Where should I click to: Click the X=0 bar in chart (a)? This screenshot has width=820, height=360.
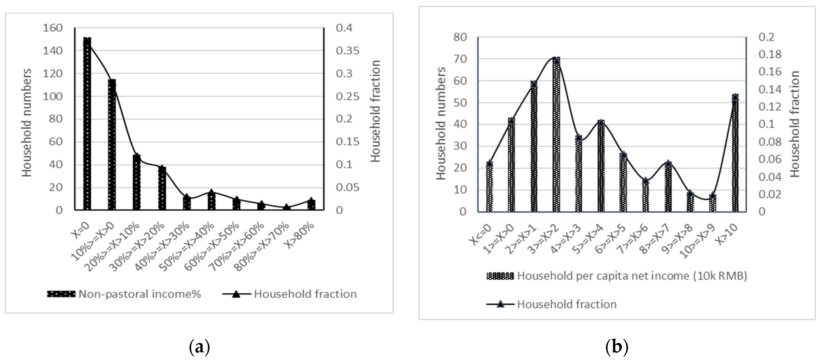87,124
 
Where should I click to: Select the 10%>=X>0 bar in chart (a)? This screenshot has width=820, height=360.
112,145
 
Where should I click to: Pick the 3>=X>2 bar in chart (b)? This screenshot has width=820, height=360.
556,135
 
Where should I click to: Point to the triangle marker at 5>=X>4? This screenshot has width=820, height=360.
601,123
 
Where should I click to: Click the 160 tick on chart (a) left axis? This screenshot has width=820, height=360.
53,28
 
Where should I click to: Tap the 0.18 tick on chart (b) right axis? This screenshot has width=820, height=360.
769,54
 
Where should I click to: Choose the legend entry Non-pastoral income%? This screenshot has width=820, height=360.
124,294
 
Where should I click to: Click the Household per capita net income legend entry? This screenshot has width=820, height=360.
617,276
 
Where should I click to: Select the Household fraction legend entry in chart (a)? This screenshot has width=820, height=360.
290,294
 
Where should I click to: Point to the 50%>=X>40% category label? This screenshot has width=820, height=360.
188,247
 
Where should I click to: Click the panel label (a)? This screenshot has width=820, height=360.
200,347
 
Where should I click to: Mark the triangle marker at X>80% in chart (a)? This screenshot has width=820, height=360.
311,200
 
